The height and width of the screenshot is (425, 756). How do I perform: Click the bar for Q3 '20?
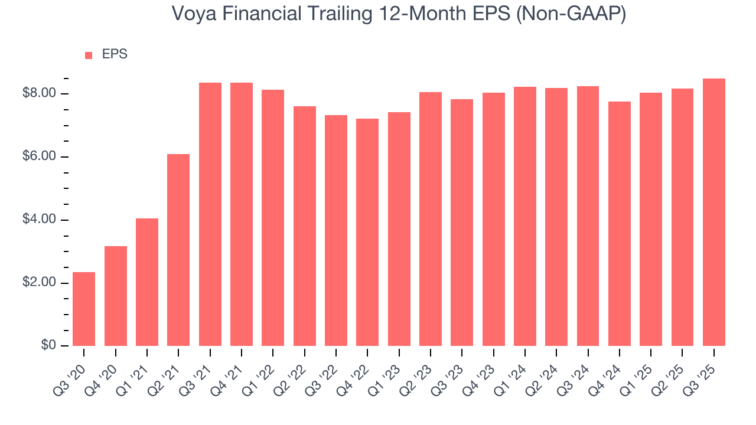(84, 309)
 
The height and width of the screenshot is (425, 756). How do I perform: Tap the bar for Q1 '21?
(147, 282)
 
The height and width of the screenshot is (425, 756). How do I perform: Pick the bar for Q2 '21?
(178, 250)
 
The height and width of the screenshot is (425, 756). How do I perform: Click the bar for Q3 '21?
(210, 214)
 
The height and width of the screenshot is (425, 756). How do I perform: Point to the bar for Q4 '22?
(367, 232)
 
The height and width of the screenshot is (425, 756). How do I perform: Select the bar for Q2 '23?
(431, 219)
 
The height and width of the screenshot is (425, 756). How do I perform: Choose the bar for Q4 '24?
(620, 224)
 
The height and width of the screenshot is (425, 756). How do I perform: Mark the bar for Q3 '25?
(714, 212)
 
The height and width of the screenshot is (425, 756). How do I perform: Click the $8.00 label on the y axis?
(39, 94)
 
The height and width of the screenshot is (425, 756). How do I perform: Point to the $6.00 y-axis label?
(39, 157)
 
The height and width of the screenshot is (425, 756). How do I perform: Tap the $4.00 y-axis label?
(39, 220)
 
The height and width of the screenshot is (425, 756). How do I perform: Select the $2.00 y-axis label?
(39, 283)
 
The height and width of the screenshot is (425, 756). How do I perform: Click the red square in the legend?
(89, 55)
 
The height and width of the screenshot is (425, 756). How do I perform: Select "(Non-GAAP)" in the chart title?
(571, 14)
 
